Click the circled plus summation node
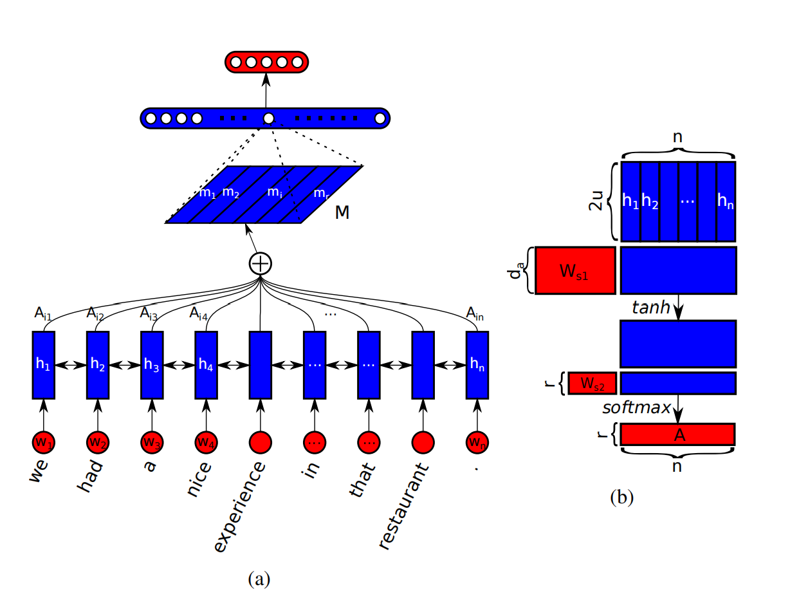[x=261, y=263]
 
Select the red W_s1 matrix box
[x=574, y=270]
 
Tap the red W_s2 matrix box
[x=592, y=383]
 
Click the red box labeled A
[x=678, y=434]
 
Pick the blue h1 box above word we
[x=44, y=364]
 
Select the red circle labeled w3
[x=152, y=442]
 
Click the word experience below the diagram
[x=239, y=507]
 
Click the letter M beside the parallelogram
[x=342, y=212]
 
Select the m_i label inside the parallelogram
[x=275, y=192]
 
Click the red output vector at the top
[x=266, y=62]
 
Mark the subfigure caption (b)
[x=622, y=496]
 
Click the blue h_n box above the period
[x=477, y=364]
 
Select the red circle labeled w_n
[x=477, y=442]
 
